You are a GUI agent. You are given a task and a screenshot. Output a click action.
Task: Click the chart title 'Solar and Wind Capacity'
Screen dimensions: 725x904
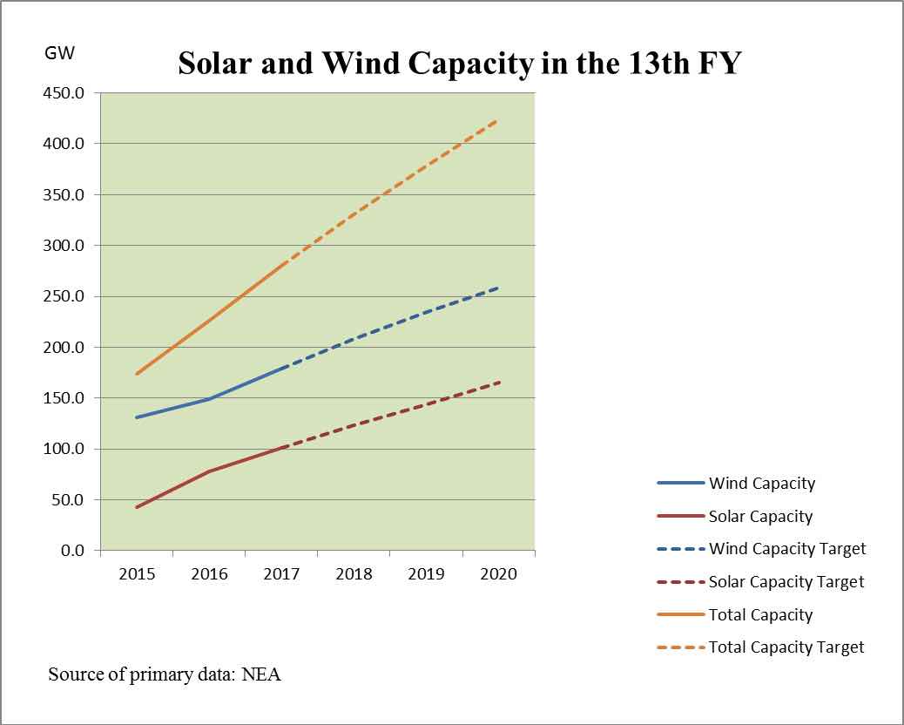point(459,63)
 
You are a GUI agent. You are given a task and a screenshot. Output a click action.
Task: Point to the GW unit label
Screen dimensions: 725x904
point(60,53)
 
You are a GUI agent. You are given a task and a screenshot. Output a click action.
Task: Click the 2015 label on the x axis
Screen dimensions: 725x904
point(137,573)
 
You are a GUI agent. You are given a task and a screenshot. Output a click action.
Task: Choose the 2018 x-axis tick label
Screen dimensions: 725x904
point(354,573)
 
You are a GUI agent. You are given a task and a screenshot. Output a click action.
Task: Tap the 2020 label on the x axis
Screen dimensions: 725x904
point(498,573)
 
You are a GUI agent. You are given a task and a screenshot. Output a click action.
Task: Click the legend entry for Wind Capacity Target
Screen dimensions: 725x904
point(787,549)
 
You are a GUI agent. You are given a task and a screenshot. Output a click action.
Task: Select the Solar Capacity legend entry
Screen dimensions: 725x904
point(760,517)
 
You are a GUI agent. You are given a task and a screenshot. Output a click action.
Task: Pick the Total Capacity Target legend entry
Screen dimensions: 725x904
point(786,647)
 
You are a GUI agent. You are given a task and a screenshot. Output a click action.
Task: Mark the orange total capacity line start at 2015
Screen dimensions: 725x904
point(137,375)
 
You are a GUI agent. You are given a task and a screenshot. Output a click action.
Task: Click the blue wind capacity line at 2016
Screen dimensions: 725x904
point(209,399)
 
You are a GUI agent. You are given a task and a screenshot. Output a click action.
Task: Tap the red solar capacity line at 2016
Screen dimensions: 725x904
point(209,471)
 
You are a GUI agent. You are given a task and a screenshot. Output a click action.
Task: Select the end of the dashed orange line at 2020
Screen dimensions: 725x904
point(498,120)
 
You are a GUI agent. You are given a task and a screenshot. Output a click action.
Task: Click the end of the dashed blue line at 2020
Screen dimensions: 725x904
point(498,288)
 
